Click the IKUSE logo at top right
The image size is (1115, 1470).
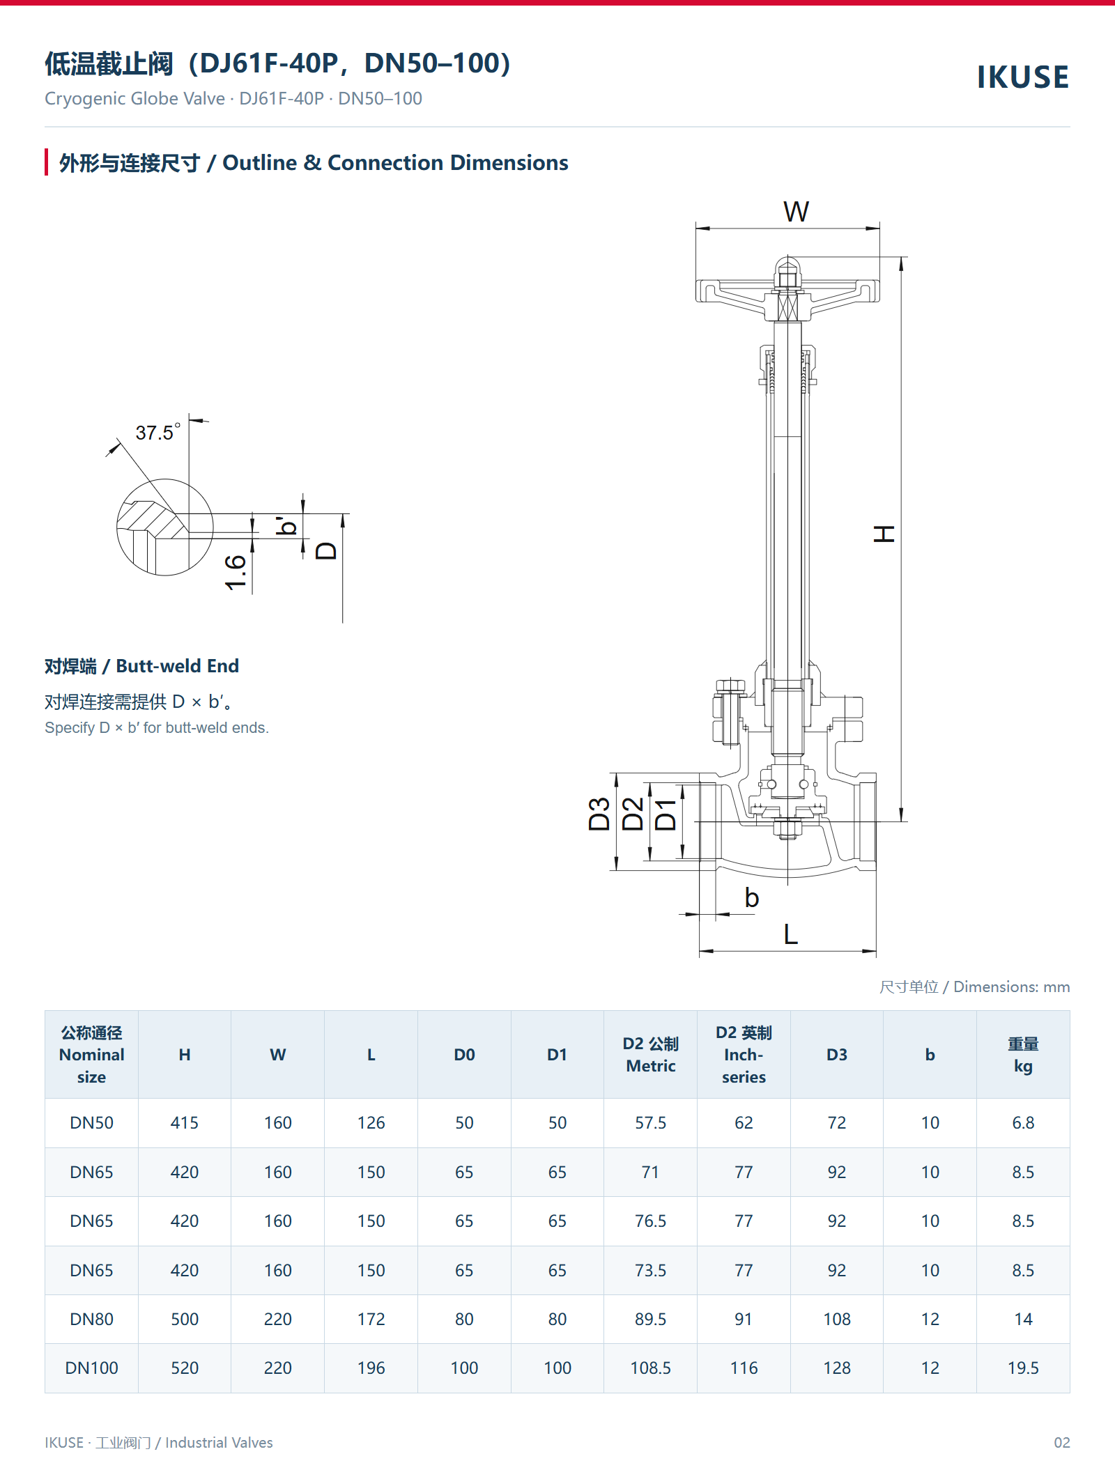1022,77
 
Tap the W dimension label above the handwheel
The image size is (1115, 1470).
796,212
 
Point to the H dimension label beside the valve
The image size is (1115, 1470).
884,534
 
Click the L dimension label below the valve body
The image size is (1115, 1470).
790,934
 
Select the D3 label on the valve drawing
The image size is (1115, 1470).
599,814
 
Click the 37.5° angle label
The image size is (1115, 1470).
158,432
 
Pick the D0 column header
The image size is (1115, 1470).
464,1054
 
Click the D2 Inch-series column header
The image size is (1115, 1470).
744,1054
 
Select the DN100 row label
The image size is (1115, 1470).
91,1368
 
